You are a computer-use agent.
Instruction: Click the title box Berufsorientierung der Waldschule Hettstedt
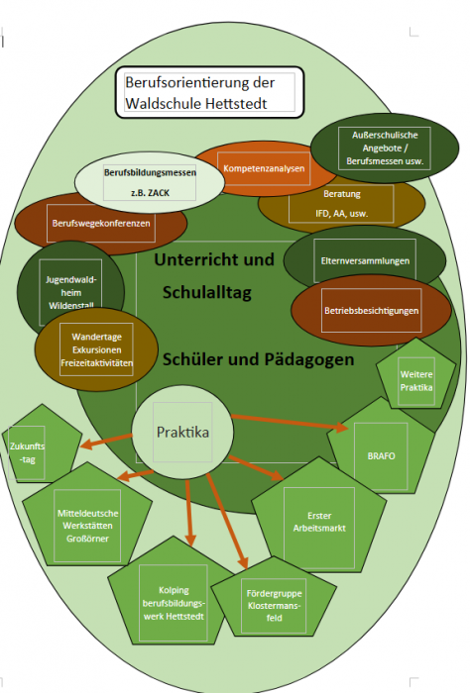point(209,92)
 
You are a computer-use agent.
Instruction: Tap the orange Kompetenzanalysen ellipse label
point(264,168)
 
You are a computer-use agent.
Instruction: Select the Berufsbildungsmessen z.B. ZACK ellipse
point(150,182)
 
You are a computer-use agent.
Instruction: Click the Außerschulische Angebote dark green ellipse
point(385,148)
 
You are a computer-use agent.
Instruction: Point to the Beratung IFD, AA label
point(341,203)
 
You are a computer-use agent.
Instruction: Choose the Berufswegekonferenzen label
point(101,223)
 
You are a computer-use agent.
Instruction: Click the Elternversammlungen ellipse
point(365,260)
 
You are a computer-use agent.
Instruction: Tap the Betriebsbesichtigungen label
point(371,310)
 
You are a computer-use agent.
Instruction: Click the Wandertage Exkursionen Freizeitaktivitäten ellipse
point(96,349)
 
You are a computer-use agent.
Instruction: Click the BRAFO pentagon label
point(381,455)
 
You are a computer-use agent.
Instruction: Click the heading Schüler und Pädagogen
point(259,359)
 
